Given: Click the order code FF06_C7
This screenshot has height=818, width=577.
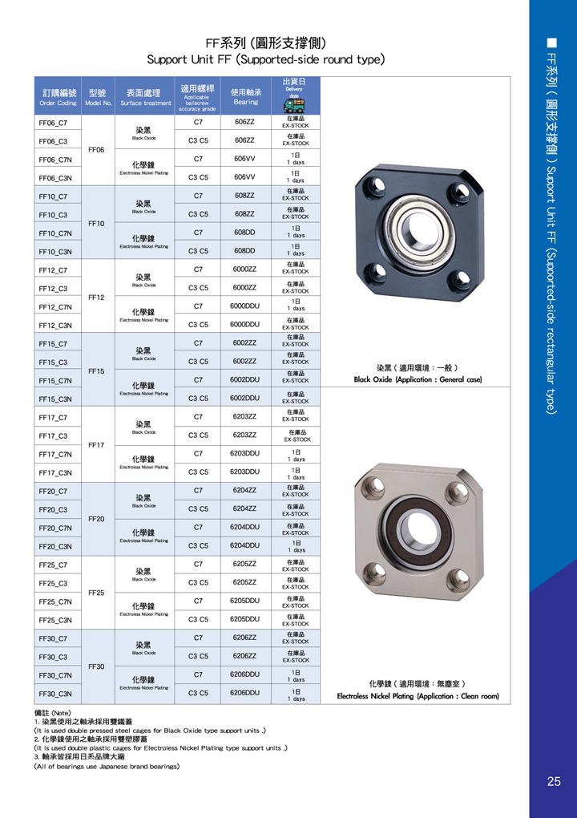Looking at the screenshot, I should coord(53,124).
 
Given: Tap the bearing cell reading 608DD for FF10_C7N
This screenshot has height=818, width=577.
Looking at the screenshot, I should coord(245,232).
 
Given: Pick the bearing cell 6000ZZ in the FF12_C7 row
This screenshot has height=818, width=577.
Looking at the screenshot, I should coord(245,269).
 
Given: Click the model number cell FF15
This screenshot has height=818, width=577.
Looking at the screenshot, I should coord(96,371).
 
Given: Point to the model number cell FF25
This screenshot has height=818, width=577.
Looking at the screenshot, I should coord(96,593).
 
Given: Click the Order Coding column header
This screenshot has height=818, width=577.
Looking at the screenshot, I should coord(58,97).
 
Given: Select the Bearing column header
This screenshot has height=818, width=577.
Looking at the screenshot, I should coord(245,97).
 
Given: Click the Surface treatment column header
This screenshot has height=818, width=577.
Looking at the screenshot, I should coord(146,97).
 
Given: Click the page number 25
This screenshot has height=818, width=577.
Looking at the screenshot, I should coord(554,782).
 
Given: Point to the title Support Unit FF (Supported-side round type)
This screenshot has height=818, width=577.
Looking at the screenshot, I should coord(266,59).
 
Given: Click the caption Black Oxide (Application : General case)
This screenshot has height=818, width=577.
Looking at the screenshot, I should coord(418,379).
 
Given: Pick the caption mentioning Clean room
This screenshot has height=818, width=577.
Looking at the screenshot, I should coord(418,696).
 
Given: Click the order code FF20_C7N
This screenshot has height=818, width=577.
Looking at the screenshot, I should coord(56,528).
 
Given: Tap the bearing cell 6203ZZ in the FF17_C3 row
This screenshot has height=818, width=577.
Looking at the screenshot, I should coord(245,435).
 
